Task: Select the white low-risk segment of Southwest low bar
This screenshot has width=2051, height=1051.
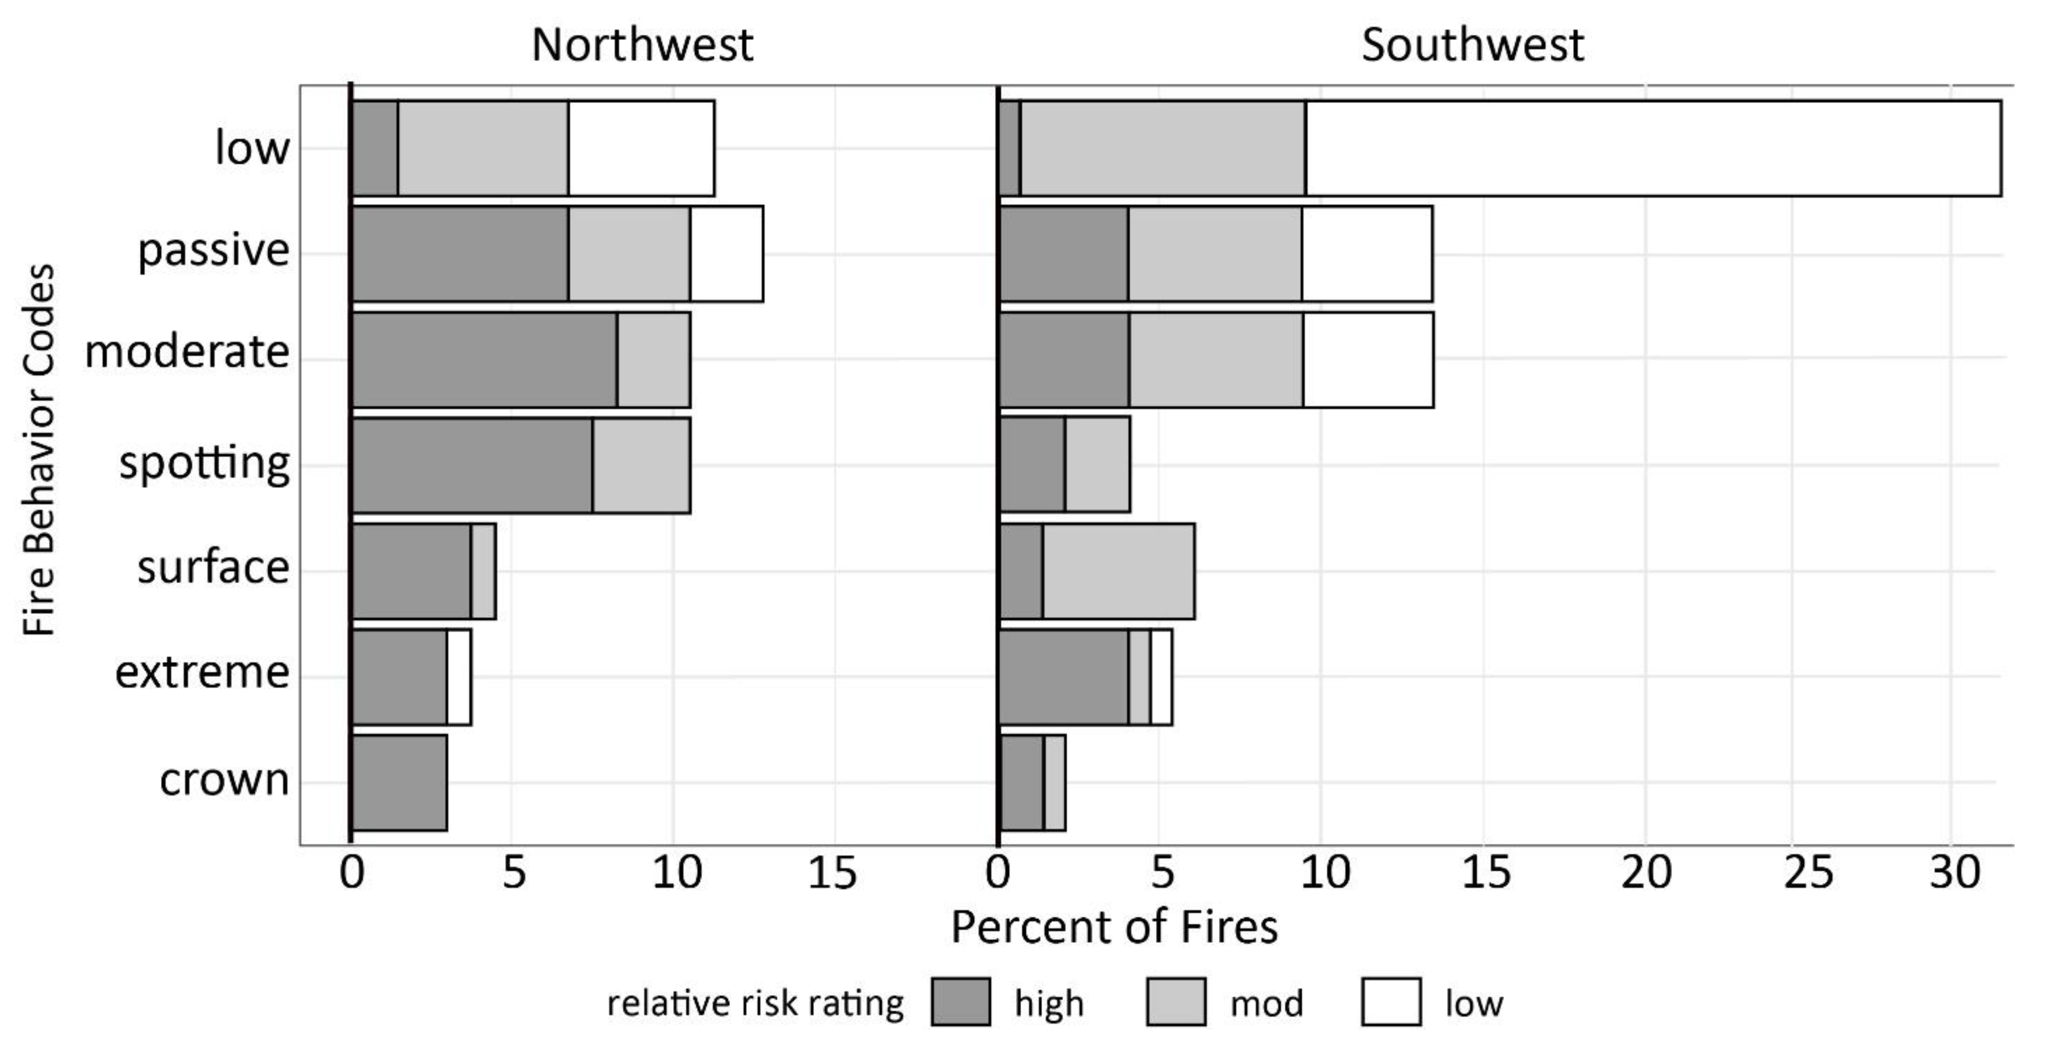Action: pos(1652,148)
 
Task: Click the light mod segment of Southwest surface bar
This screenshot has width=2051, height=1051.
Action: pos(1118,571)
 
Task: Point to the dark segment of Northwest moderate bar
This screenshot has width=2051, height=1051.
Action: pos(484,360)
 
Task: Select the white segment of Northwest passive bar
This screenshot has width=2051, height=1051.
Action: pos(726,254)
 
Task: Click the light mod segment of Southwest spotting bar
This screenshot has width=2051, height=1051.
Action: pos(1097,465)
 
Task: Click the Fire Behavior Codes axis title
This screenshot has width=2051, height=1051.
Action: pos(38,450)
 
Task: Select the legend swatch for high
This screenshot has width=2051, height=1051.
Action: pos(960,1002)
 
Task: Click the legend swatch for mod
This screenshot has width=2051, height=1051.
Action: pos(1175,1002)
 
